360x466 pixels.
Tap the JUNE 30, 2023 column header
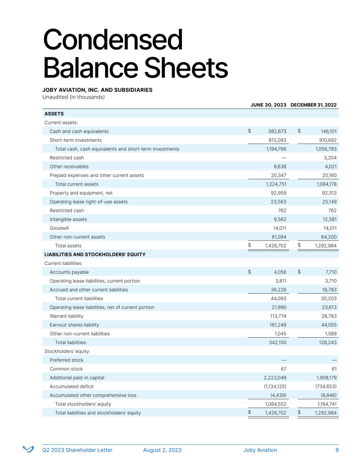(x=268, y=105)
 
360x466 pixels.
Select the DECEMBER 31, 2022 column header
(x=313, y=105)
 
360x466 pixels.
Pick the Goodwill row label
(x=59, y=228)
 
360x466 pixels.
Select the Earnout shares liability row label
(x=74, y=325)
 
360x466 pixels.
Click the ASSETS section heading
(x=54, y=114)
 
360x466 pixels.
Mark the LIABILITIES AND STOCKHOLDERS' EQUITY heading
(x=95, y=255)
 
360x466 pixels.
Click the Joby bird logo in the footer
(x=28, y=449)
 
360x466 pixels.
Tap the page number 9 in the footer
(x=337, y=450)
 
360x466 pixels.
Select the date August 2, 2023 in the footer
(x=162, y=450)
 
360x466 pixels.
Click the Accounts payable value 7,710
(x=331, y=272)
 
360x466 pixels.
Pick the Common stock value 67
(x=283, y=369)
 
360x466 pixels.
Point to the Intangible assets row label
(x=68, y=220)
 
